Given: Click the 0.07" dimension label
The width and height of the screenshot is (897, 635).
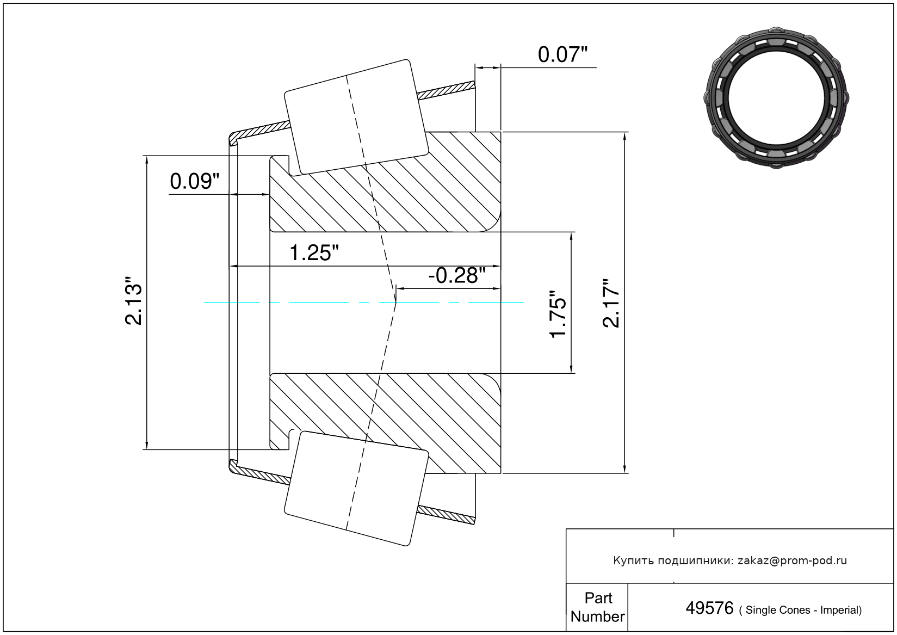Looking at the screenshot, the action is point(562,54).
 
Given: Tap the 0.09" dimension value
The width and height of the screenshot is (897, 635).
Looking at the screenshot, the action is point(195,181).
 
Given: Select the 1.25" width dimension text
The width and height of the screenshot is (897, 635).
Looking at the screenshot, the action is point(314,253).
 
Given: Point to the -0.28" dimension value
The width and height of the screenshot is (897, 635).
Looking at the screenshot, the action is point(457,275).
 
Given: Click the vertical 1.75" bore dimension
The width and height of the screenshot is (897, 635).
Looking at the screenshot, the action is point(558,314).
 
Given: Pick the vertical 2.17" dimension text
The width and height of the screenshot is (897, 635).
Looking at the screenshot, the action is point(611,303).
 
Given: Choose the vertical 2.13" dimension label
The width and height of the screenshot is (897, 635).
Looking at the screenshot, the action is point(133,300).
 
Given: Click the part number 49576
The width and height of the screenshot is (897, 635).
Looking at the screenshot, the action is point(709,608).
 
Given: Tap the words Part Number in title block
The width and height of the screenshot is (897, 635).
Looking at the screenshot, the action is point(598,607).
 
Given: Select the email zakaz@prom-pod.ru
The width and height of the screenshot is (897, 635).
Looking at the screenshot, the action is point(793,560).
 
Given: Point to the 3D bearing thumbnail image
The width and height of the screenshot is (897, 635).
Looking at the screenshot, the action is point(776,98).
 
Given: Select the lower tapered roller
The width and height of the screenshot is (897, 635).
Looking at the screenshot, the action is point(356,489).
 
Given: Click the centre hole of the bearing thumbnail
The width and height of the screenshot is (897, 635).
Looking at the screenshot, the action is point(776,98).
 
